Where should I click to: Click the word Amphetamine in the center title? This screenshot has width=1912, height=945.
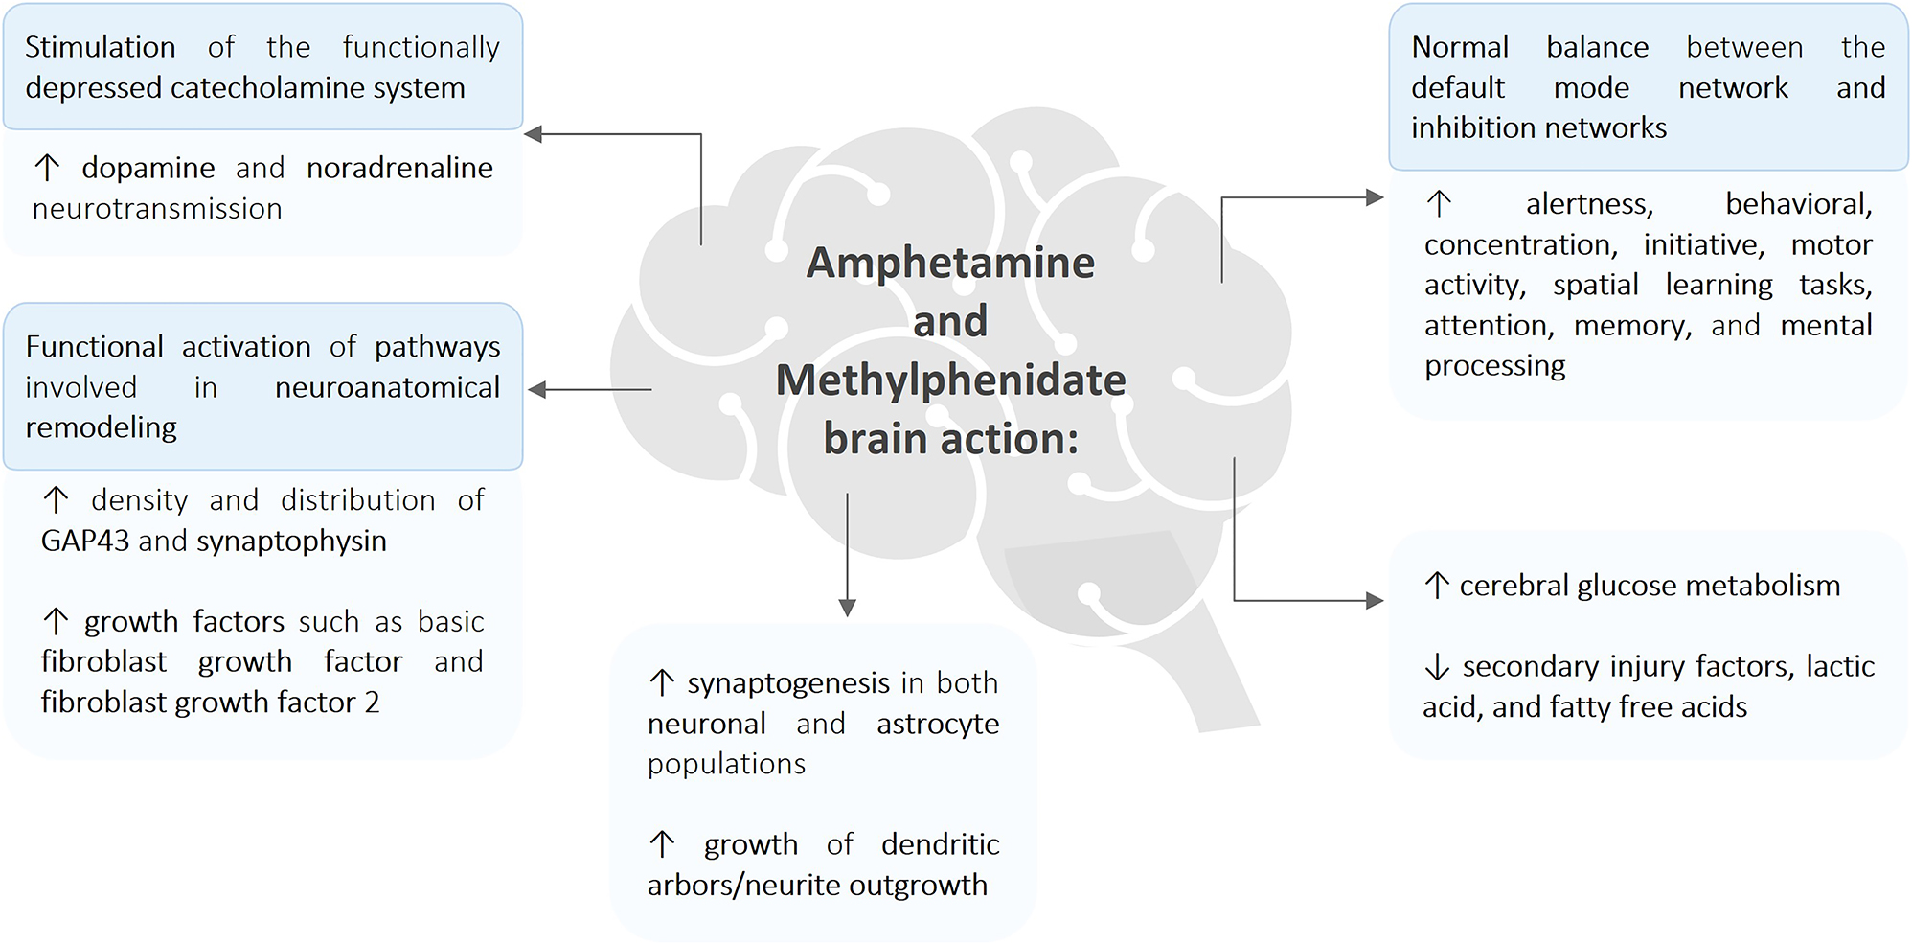click(x=950, y=263)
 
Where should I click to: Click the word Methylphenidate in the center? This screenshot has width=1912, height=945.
click(x=951, y=381)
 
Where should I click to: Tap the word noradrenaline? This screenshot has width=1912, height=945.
click(x=399, y=168)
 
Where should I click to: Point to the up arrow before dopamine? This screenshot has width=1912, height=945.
click(x=47, y=168)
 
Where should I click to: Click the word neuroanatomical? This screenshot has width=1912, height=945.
click(x=387, y=387)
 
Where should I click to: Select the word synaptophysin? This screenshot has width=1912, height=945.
click(x=291, y=542)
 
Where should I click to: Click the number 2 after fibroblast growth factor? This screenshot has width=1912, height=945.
click(x=372, y=703)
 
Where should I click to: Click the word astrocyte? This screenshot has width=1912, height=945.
click(x=938, y=725)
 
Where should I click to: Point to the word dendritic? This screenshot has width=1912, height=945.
click(x=941, y=844)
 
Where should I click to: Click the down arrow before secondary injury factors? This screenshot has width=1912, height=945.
click(x=1437, y=666)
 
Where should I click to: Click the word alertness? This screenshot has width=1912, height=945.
click(x=1589, y=204)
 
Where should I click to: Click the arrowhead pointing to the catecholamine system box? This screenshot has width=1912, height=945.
click(x=534, y=134)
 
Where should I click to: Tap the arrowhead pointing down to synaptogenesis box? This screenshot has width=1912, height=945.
click(x=847, y=608)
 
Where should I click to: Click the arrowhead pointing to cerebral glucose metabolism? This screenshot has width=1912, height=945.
click(x=1375, y=600)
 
